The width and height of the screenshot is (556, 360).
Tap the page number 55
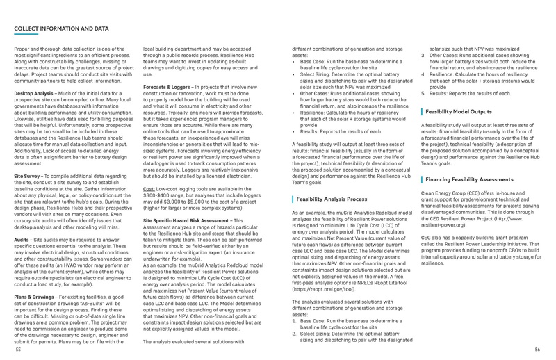(18, 350)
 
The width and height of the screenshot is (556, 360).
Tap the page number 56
(537, 350)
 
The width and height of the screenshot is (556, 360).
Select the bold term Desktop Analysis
(34, 92)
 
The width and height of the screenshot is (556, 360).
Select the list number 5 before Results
(423, 92)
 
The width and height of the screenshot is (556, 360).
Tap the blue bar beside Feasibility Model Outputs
(422, 111)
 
